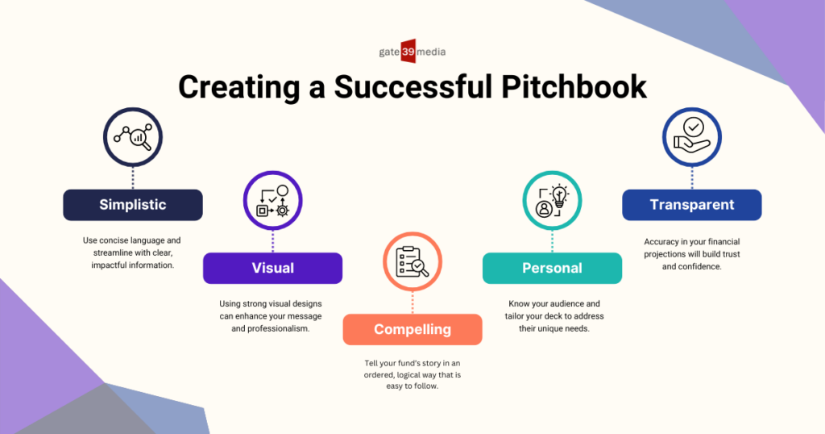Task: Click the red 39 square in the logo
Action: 408,51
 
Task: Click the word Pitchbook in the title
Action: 574,87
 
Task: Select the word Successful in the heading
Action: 412,87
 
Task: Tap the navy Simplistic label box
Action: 133,205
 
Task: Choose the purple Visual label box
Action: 272,268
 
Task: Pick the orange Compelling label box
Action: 412,330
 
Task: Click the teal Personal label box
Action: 552,268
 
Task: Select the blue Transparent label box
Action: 692,205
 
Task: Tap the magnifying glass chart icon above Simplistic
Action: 133,137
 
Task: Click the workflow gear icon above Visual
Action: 272,201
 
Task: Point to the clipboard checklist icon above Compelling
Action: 412,261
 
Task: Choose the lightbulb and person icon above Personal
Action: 552,201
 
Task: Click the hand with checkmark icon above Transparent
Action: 692,137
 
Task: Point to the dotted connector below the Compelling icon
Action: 412,303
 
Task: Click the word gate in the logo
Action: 389,52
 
